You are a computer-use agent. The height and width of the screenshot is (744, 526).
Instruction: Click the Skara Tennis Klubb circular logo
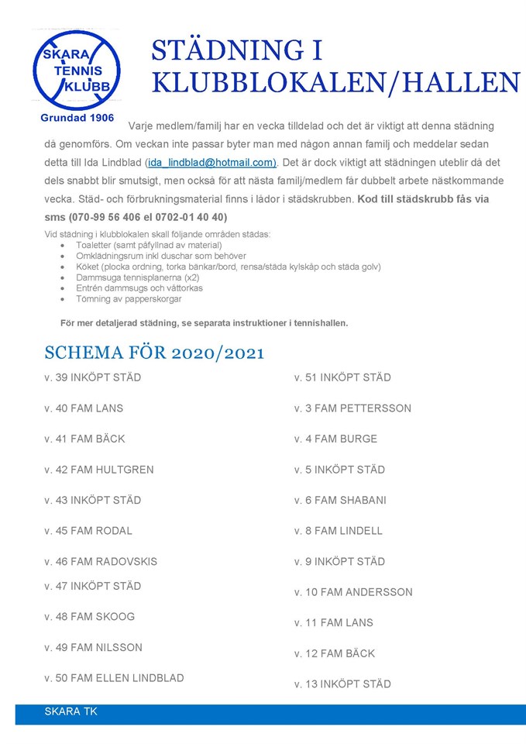[76, 71]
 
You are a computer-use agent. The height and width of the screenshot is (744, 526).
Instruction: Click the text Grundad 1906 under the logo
[77, 119]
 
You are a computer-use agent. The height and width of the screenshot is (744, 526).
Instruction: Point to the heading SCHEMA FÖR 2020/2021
[154, 353]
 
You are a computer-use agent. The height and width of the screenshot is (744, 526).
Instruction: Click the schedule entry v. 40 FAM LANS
[84, 408]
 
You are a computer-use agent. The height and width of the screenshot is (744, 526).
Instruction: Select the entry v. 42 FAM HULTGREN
[99, 470]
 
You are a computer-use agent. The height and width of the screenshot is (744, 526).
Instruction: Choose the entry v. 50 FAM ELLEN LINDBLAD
[114, 678]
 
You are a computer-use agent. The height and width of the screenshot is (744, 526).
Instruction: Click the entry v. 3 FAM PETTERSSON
[352, 408]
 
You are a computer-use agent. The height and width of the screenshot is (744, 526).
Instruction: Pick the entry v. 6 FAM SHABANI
[340, 501]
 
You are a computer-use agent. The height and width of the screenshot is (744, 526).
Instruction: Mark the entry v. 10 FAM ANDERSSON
[353, 592]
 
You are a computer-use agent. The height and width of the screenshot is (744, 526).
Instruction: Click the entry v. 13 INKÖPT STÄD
[342, 684]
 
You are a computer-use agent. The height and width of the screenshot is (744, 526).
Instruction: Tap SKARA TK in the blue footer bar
[71, 711]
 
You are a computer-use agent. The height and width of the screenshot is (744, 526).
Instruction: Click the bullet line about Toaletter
[138, 245]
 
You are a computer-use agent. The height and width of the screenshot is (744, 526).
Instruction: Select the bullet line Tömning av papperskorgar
[129, 298]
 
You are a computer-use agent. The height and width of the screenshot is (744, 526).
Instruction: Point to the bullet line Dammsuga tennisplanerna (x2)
[138, 277]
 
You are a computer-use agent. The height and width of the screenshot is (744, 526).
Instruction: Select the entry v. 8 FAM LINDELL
[339, 531]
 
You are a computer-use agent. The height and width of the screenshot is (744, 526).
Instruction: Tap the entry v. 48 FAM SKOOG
[89, 617]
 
